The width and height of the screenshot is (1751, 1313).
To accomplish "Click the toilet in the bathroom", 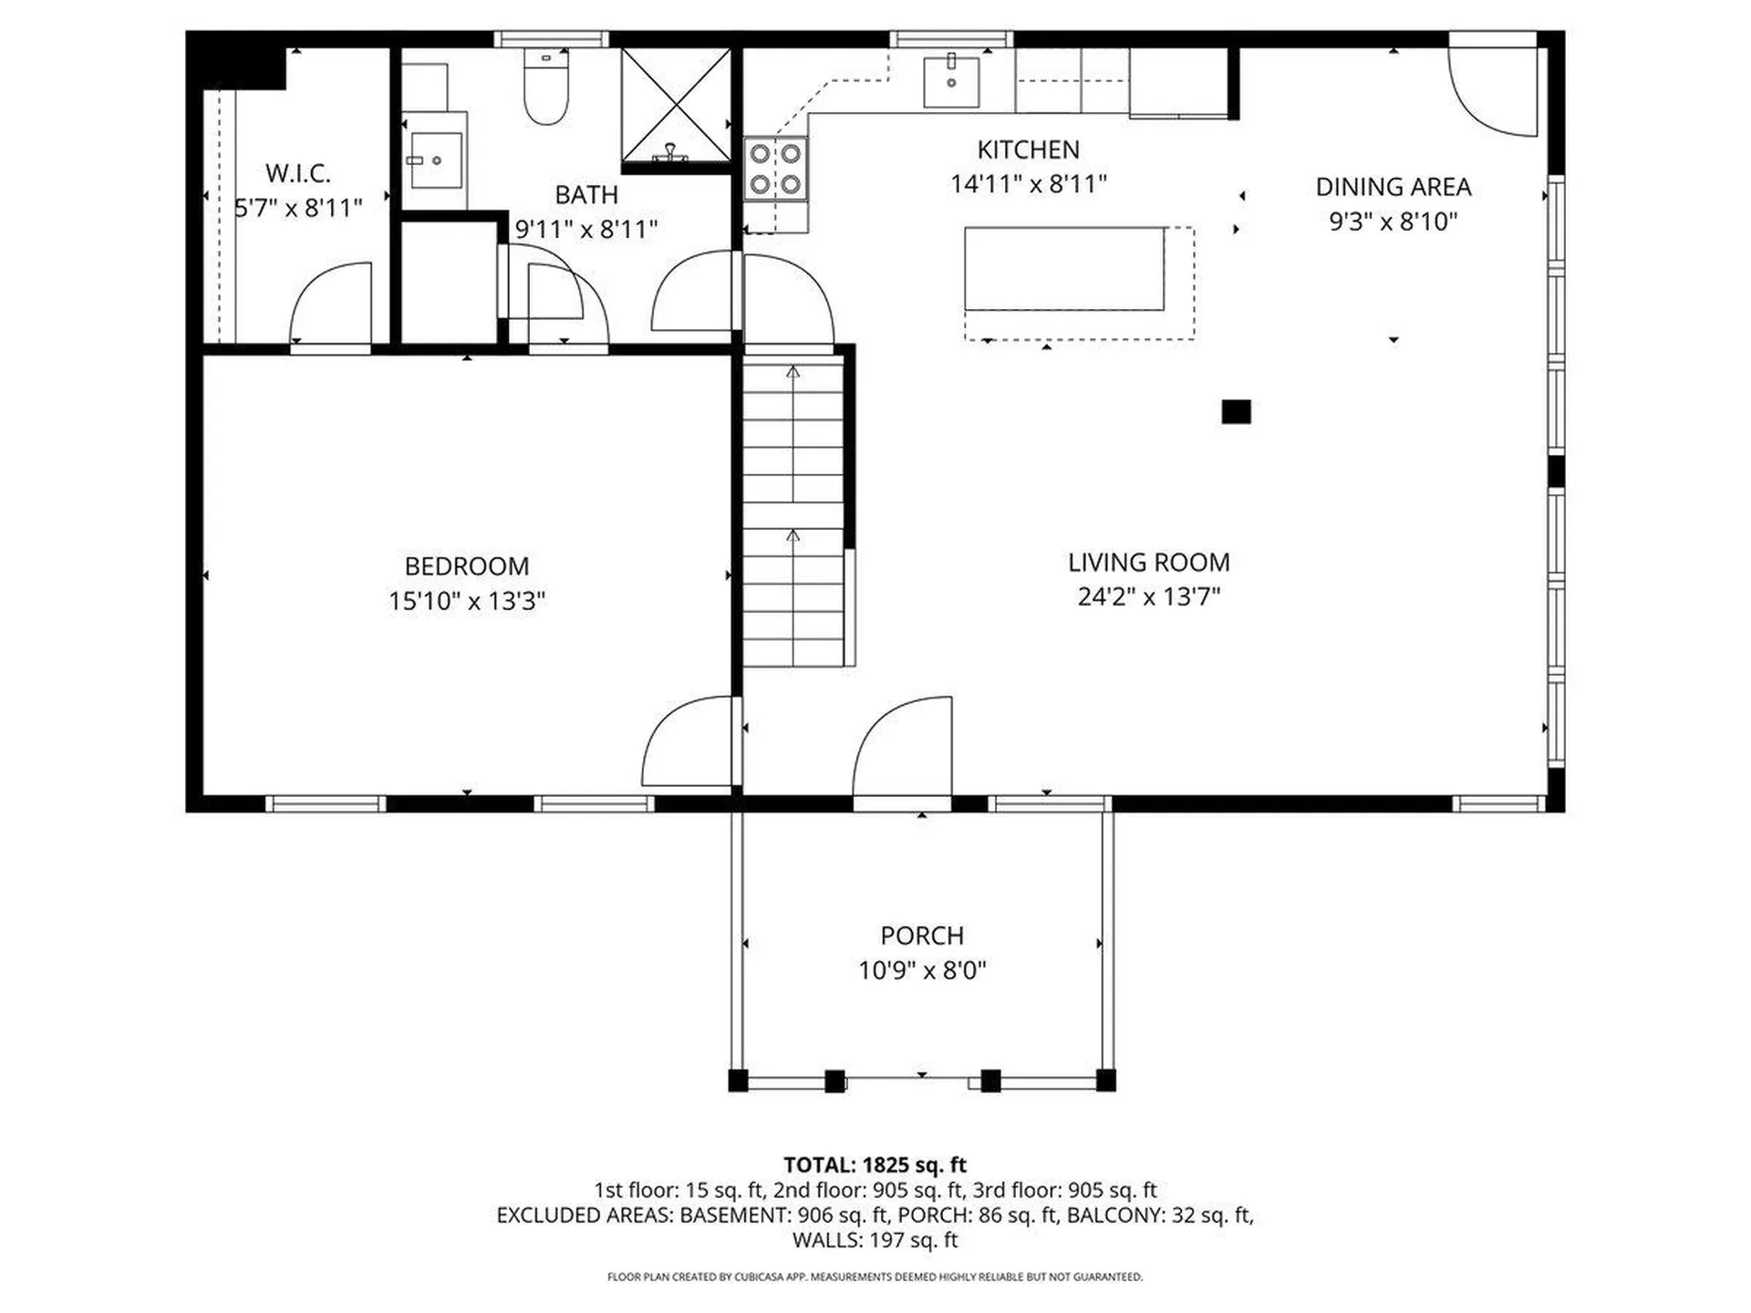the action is (x=546, y=88).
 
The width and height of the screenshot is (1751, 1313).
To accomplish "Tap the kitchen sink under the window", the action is (x=951, y=82).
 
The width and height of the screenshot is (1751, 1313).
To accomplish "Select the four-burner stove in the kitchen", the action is (x=775, y=170).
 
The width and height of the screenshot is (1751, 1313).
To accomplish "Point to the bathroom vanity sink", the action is (x=435, y=160).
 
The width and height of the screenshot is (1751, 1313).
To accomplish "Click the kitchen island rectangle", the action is (x=1064, y=269).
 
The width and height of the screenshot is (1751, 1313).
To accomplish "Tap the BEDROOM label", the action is (x=467, y=566).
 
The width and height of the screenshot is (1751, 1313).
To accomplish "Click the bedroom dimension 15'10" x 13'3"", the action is (x=467, y=601).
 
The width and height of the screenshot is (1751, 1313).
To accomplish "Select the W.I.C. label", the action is (x=298, y=173).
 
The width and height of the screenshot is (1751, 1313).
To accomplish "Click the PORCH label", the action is (x=922, y=936).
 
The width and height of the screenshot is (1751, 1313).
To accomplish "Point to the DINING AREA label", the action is (x=1394, y=187).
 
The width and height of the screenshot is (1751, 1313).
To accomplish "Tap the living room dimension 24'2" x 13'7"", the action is (x=1149, y=596).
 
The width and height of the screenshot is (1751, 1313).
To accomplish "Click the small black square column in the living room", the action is (x=1236, y=412).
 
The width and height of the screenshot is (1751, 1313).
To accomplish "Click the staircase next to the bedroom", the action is (x=793, y=511).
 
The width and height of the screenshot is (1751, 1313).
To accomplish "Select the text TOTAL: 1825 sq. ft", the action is (x=875, y=1164).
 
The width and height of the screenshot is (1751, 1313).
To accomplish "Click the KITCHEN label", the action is (x=1028, y=150).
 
